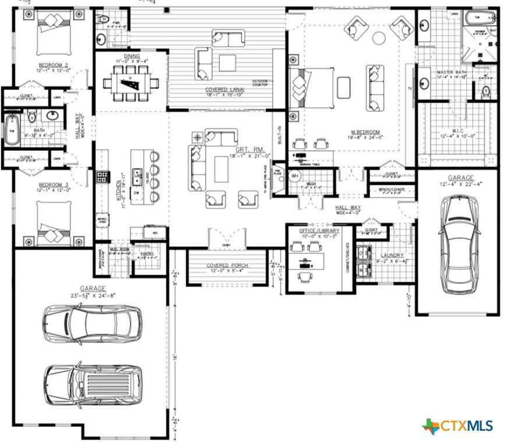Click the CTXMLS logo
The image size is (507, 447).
(x=457, y=425)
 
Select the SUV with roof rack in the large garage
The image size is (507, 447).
(x=93, y=384)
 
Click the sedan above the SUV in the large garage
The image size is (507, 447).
(x=92, y=321)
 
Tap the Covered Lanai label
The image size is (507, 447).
(x=224, y=90)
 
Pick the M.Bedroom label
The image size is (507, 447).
(x=365, y=132)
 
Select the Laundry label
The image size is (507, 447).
(x=392, y=255)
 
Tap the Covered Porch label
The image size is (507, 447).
(x=227, y=265)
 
